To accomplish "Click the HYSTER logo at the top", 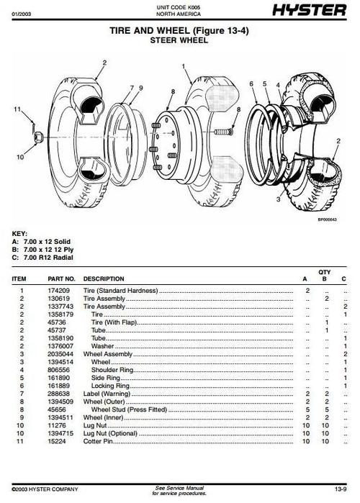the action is (310, 10).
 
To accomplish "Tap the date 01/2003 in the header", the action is (21, 14).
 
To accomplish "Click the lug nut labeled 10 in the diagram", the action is (38, 137).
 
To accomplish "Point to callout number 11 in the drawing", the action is (17, 109).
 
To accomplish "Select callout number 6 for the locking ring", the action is (251, 83).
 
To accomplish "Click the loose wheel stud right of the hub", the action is (223, 132).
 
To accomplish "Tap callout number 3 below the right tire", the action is (278, 199).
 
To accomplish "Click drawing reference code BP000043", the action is (328, 219).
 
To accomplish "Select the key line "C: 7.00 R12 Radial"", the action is (42, 258).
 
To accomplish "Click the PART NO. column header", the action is (61, 278).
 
